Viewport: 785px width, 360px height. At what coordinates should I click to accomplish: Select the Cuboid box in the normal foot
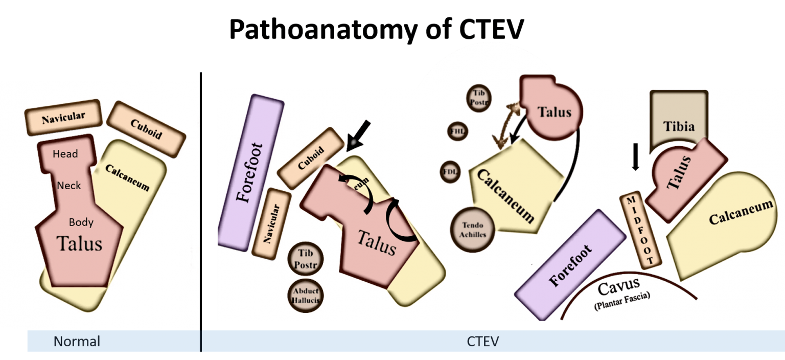click(x=146, y=129)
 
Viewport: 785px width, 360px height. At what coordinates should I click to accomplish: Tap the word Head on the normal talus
click(x=65, y=154)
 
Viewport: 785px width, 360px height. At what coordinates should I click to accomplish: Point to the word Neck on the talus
click(x=69, y=185)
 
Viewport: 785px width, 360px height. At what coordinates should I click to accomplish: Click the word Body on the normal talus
click(x=81, y=222)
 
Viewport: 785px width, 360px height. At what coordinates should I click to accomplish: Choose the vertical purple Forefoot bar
click(x=250, y=172)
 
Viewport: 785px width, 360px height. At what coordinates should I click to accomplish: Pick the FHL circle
click(x=458, y=131)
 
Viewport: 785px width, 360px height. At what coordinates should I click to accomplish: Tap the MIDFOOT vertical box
click(x=640, y=231)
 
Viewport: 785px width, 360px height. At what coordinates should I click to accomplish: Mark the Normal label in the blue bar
click(x=77, y=342)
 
